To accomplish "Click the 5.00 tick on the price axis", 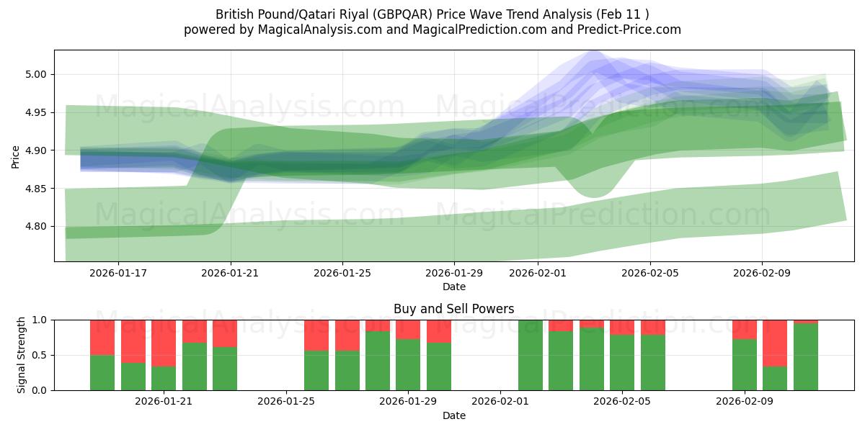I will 36,74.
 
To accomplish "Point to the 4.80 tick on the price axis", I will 36,226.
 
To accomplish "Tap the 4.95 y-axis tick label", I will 36,112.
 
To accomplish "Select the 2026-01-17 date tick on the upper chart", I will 118,273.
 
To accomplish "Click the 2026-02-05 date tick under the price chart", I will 650,273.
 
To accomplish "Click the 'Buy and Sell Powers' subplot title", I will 453,309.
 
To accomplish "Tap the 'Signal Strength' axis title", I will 22,355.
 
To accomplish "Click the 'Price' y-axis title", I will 16,156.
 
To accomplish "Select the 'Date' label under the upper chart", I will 453,287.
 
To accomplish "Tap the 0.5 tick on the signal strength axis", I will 40,355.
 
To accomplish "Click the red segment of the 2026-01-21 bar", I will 164,343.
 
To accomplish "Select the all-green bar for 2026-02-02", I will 531,355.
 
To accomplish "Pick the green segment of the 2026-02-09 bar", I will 744,364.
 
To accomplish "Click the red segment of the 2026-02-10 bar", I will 775,343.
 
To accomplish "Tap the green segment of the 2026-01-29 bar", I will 408,364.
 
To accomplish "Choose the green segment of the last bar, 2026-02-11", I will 805,356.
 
